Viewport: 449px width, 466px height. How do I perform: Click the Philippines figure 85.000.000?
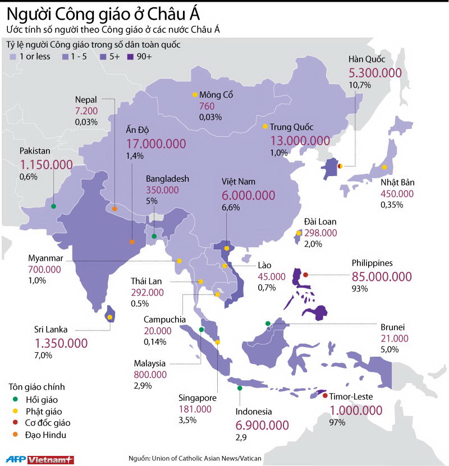pos(382,276)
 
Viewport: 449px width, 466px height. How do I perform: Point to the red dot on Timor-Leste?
pos(325,396)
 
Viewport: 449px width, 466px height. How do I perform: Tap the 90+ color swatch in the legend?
pos(131,57)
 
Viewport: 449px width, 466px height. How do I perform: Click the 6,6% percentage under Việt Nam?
pos(231,207)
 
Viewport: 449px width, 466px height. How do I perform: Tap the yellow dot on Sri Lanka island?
pos(111,317)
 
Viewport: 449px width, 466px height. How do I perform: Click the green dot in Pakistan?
pos(53,206)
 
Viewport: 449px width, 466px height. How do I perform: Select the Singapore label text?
pos(197,398)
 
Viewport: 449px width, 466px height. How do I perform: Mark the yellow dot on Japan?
pos(384,167)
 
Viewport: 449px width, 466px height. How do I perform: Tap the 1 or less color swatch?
pos(13,57)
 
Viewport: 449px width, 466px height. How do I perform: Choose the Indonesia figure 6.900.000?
pos(263,425)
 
